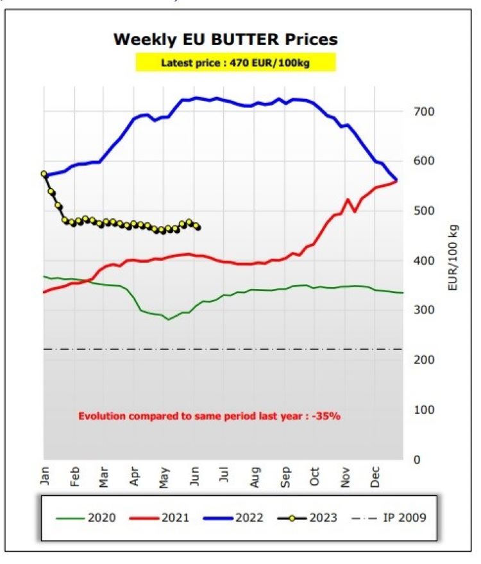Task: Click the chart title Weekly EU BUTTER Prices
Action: point(225,39)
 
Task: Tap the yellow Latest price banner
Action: point(235,62)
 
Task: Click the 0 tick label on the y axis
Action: point(418,459)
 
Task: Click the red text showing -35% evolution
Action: point(209,416)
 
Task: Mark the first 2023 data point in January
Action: point(44,174)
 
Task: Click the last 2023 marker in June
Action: point(197,227)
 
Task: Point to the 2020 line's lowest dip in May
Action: point(169,319)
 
